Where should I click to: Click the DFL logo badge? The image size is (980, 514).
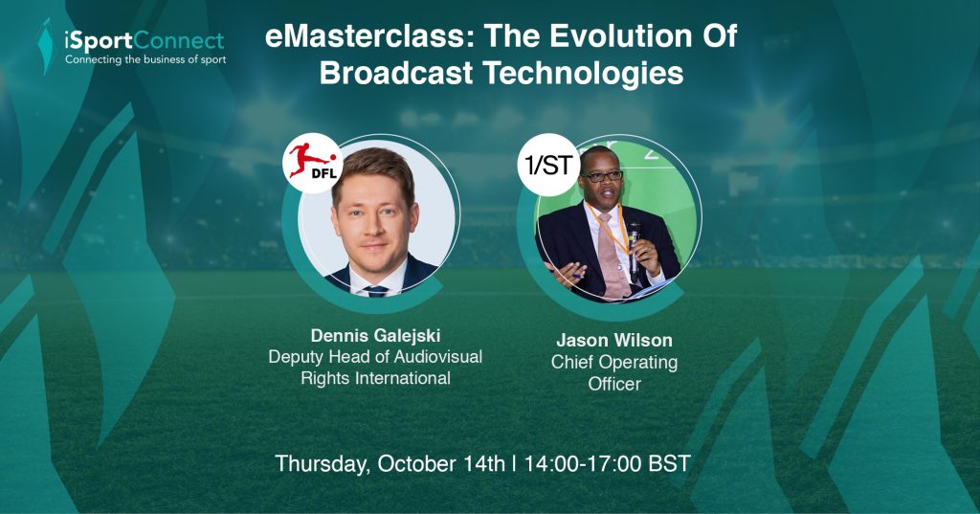[x=313, y=164]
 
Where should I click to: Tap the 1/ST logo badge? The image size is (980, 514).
[x=548, y=165]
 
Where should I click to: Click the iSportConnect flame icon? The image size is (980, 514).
[x=45, y=46]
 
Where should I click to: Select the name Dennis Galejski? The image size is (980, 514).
[x=375, y=336]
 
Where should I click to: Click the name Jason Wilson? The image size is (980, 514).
[x=614, y=340]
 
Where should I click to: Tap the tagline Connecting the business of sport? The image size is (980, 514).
[x=145, y=60]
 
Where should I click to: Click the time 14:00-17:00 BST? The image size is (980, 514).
[x=608, y=464]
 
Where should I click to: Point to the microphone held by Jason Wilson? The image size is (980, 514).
[x=634, y=249]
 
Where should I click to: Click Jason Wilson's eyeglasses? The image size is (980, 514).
[x=601, y=177]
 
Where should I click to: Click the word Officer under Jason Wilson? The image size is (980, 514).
[x=614, y=383]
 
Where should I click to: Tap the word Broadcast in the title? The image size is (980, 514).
[x=396, y=74]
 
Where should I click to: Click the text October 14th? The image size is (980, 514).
[x=441, y=464]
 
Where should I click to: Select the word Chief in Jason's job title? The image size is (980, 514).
[x=570, y=362]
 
